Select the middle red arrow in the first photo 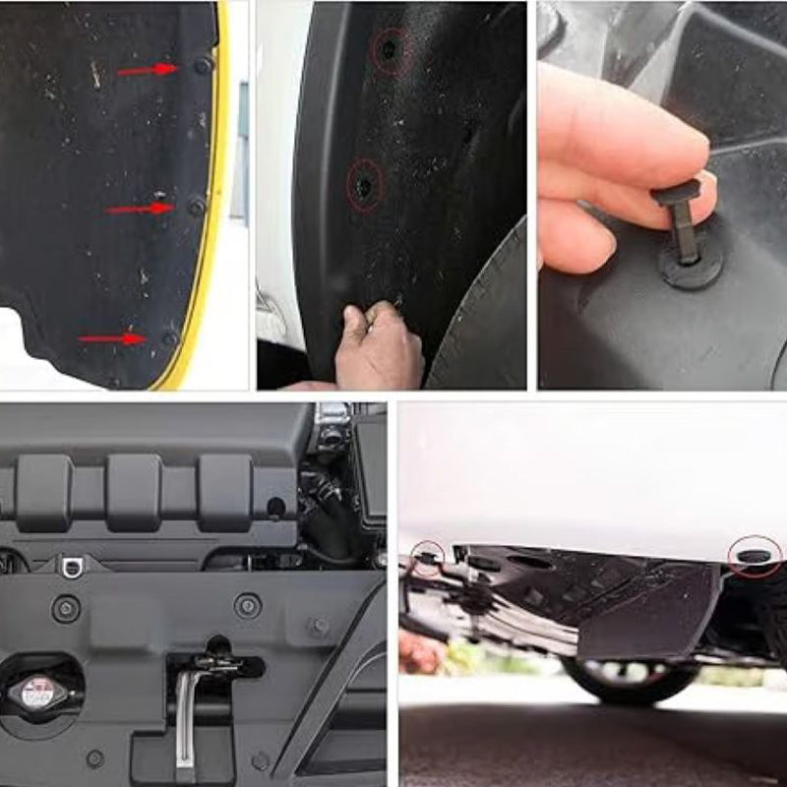[139, 209]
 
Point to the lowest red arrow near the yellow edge [112, 339]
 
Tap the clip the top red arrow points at [203, 66]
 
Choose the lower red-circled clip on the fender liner [364, 184]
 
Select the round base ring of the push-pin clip [690, 267]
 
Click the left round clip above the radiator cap [66, 609]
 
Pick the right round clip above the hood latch [248, 606]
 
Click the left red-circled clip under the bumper [427, 559]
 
